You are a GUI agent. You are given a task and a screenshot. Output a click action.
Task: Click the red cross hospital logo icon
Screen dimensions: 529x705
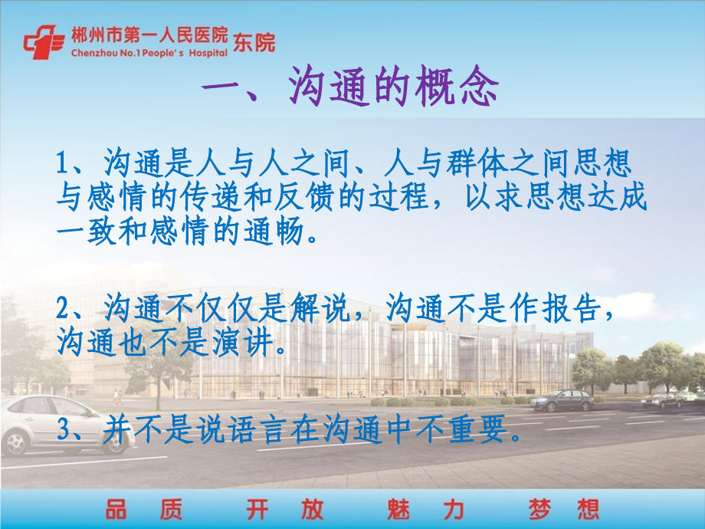pyautogui.click(x=43, y=43)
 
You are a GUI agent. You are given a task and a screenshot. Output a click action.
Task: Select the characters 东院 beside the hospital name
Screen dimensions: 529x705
pyautogui.click(x=254, y=43)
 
